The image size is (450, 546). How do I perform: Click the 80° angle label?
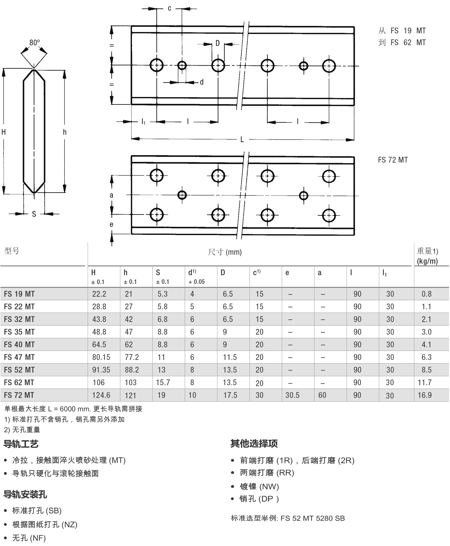[x=34, y=42]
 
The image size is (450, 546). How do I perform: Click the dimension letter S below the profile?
[x=34, y=214]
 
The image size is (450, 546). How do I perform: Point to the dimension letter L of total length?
[x=242, y=140]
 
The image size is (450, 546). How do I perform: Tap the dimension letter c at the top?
[x=169, y=8]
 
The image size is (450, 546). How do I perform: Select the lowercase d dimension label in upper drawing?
[x=201, y=82]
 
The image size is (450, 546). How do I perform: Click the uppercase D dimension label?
[x=217, y=43]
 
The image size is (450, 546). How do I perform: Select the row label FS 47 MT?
[x=19, y=357]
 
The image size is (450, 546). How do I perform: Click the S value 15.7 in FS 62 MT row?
[x=163, y=382]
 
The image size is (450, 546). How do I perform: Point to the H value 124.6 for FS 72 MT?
[x=101, y=395]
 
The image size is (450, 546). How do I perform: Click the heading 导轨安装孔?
[x=25, y=494]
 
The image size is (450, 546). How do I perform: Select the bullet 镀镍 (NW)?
[x=259, y=486]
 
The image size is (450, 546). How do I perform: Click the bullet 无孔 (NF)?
[x=29, y=538]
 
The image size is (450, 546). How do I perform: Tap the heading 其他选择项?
[x=254, y=444]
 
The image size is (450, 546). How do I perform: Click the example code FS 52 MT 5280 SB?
[x=312, y=518]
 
